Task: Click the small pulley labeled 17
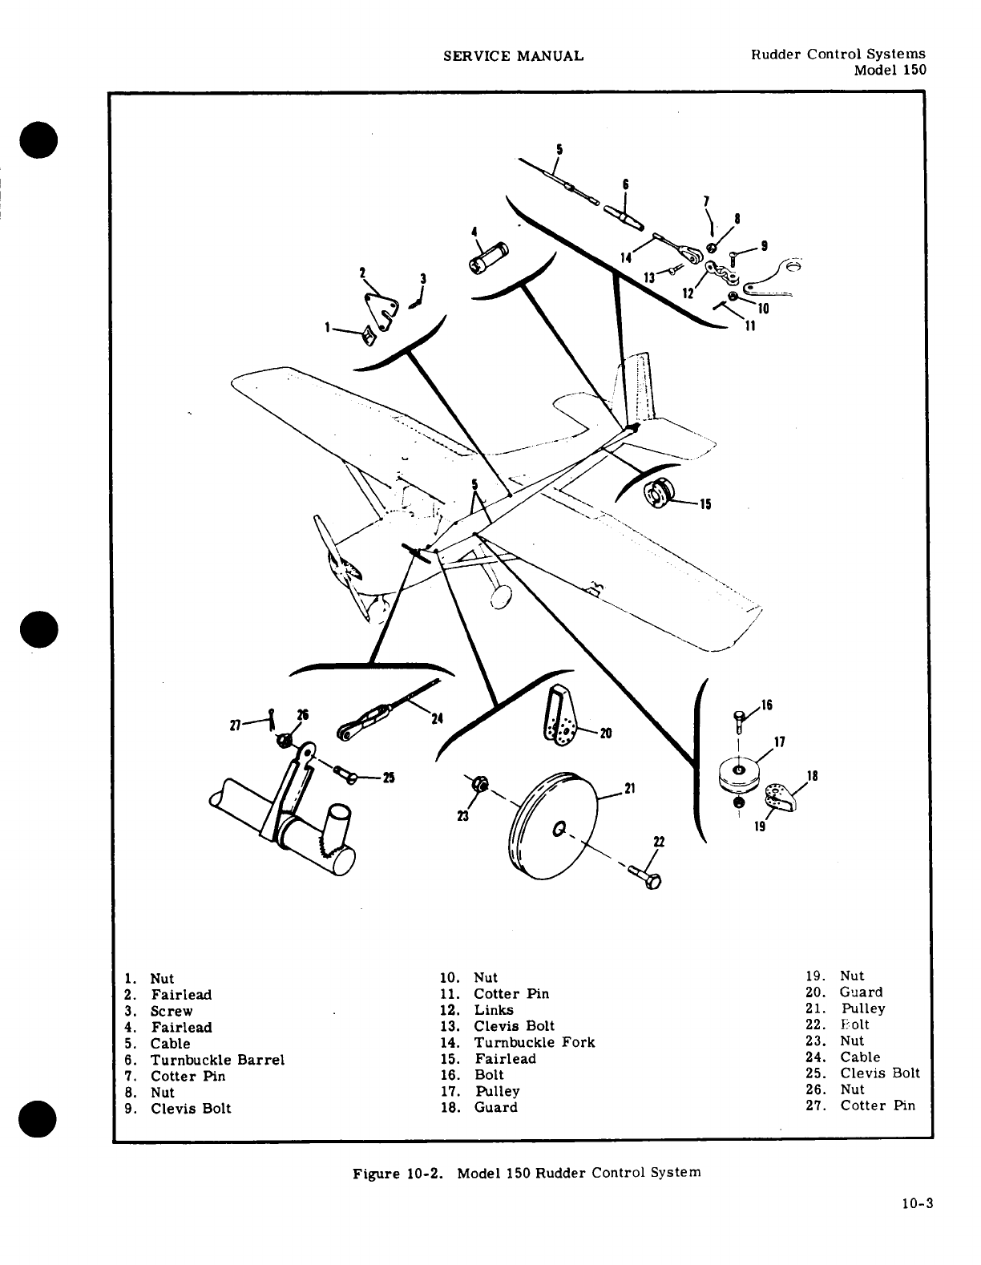(739, 773)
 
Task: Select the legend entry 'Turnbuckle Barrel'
(217, 1060)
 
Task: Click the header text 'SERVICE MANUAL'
(513, 55)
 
